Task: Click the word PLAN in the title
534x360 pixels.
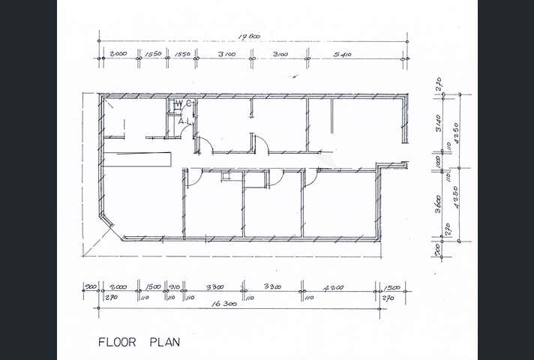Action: click(x=164, y=342)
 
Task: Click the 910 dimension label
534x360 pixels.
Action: click(x=175, y=287)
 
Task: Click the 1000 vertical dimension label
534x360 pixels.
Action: click(x=439, y=163)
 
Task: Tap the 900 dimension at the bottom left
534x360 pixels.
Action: click(x=91, y=287)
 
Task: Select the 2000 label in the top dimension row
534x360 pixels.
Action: click(x=118, y=54)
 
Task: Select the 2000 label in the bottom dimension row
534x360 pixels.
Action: click(x=118, y=287)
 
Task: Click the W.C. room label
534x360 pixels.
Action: click(x=184, y=103)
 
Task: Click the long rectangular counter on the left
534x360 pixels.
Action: click(x=138, y=159)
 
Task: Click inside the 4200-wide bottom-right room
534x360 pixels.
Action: click(x=341, y=206)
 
